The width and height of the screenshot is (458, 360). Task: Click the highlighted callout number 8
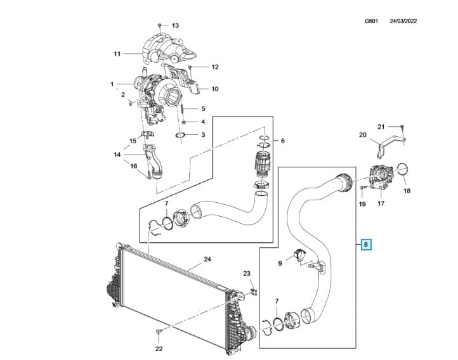click(x=365, y=243)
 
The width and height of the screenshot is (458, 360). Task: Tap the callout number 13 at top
click(x=176, y=25)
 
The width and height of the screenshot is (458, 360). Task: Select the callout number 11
click(x=117, y=54)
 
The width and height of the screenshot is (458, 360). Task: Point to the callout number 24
click(x=207, y=259)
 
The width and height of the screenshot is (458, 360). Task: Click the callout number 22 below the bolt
click(x=159, y=349)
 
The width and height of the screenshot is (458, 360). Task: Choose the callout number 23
click(x=247, y=273)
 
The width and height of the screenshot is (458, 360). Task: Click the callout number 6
click(x=283, y=141)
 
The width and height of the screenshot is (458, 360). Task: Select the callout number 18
click(x=407, y=190)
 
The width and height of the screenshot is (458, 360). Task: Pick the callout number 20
click(x=363, y=135)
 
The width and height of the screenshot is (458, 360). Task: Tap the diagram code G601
click(x=372, y=20)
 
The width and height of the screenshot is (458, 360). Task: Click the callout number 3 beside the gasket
click(x=203, y=135)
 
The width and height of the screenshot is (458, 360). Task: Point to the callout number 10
click(x=214, y=89)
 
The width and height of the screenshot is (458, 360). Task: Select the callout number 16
click(x=133, y=167)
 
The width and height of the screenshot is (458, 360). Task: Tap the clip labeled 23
click(x=252, y=291)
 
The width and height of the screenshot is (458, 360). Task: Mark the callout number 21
click(x=399, y=127)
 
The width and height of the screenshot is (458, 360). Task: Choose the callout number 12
click(x=214, y=67)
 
